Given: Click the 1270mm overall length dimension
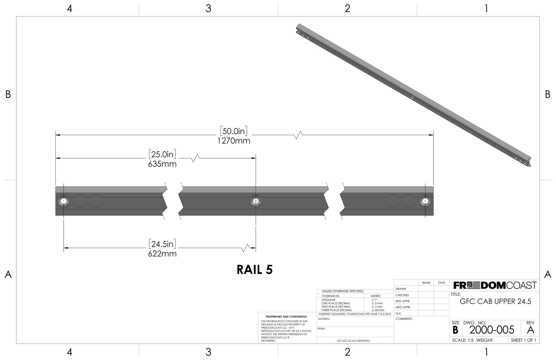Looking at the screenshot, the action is point(234,141).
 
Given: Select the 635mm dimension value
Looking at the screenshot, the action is point(162,164).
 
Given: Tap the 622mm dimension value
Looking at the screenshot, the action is point(162,254).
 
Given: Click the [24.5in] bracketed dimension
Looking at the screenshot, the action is point(162,244).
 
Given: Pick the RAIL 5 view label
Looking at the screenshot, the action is point(255,270).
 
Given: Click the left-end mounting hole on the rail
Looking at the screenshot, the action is point(64,201).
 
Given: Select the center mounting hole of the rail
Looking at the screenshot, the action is point(256,201).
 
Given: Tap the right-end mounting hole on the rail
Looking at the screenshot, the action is point(425,201).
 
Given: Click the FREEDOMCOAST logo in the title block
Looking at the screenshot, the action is point(495,285).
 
